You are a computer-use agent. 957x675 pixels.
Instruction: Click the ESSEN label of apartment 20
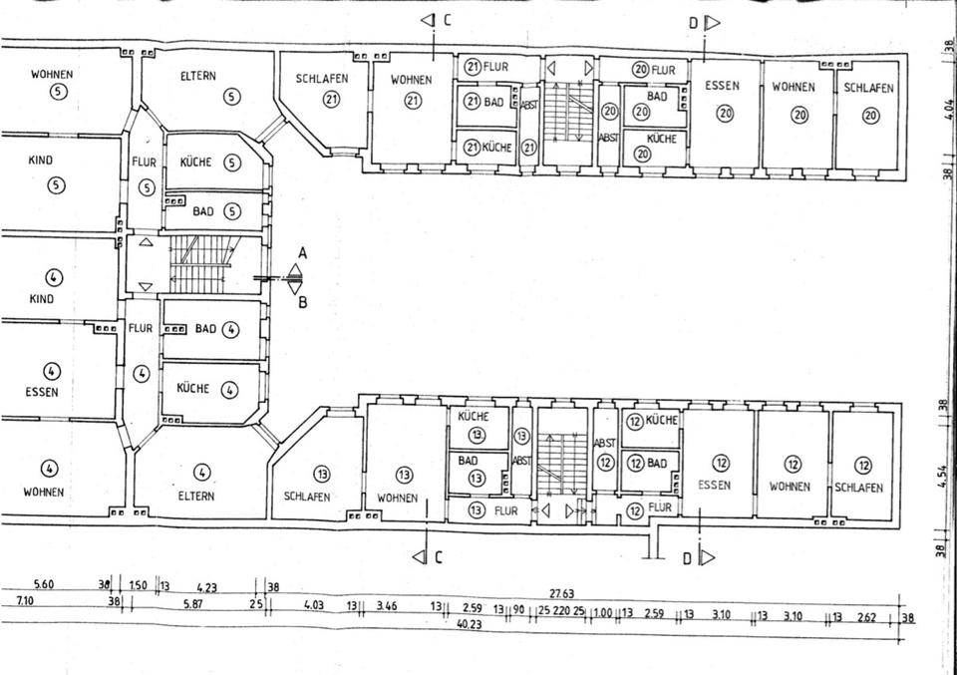click(x=722, y=87)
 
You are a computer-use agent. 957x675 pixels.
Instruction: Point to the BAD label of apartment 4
click(x=205, y=328)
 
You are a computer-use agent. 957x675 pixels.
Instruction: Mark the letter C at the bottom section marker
click(x=437, y=557)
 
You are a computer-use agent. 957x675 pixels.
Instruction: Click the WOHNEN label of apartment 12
click(x=792, y=487)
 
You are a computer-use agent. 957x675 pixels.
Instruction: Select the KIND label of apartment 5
click(x=42, y=161)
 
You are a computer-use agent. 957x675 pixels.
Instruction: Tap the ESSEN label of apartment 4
click(x=42, y=392)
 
